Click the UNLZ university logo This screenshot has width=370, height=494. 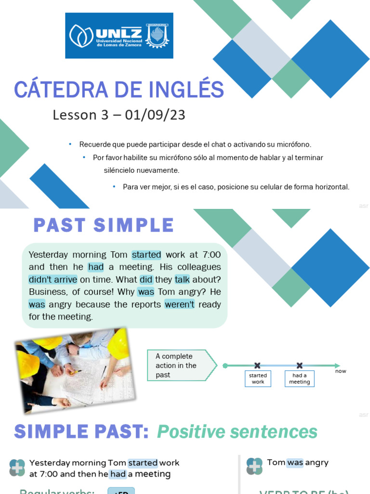(119, 36)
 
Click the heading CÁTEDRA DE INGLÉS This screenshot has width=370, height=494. (119, 90)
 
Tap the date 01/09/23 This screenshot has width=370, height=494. (155, 115)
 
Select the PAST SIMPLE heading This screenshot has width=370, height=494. (104, 225)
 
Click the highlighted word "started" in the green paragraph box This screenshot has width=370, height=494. (146, 255)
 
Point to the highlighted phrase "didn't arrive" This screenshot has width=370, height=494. (53, 279)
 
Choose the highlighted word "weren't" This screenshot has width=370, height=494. (180, 304)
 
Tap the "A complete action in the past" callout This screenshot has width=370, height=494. (178, 366)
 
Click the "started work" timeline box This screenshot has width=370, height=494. (258, 379)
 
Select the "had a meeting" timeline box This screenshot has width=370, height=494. (299, 379)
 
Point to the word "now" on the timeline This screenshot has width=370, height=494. (341, 371)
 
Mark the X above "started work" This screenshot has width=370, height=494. (257, 366)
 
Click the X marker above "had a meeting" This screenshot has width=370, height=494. (299, 366)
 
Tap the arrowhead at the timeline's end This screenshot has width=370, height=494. (337, 366)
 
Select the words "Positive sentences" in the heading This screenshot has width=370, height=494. (237, 432)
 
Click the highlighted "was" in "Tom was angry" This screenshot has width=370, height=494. (295, 463)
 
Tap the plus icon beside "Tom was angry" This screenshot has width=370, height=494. (254, 467)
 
